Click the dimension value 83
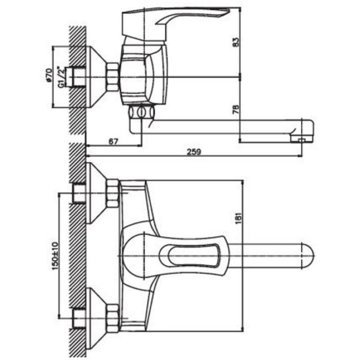236,42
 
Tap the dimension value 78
236,109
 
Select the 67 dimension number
113,141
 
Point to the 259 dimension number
193,152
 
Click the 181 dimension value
238,217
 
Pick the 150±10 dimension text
55,256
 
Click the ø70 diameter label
49,75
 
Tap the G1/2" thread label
61,77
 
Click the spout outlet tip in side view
301,139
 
